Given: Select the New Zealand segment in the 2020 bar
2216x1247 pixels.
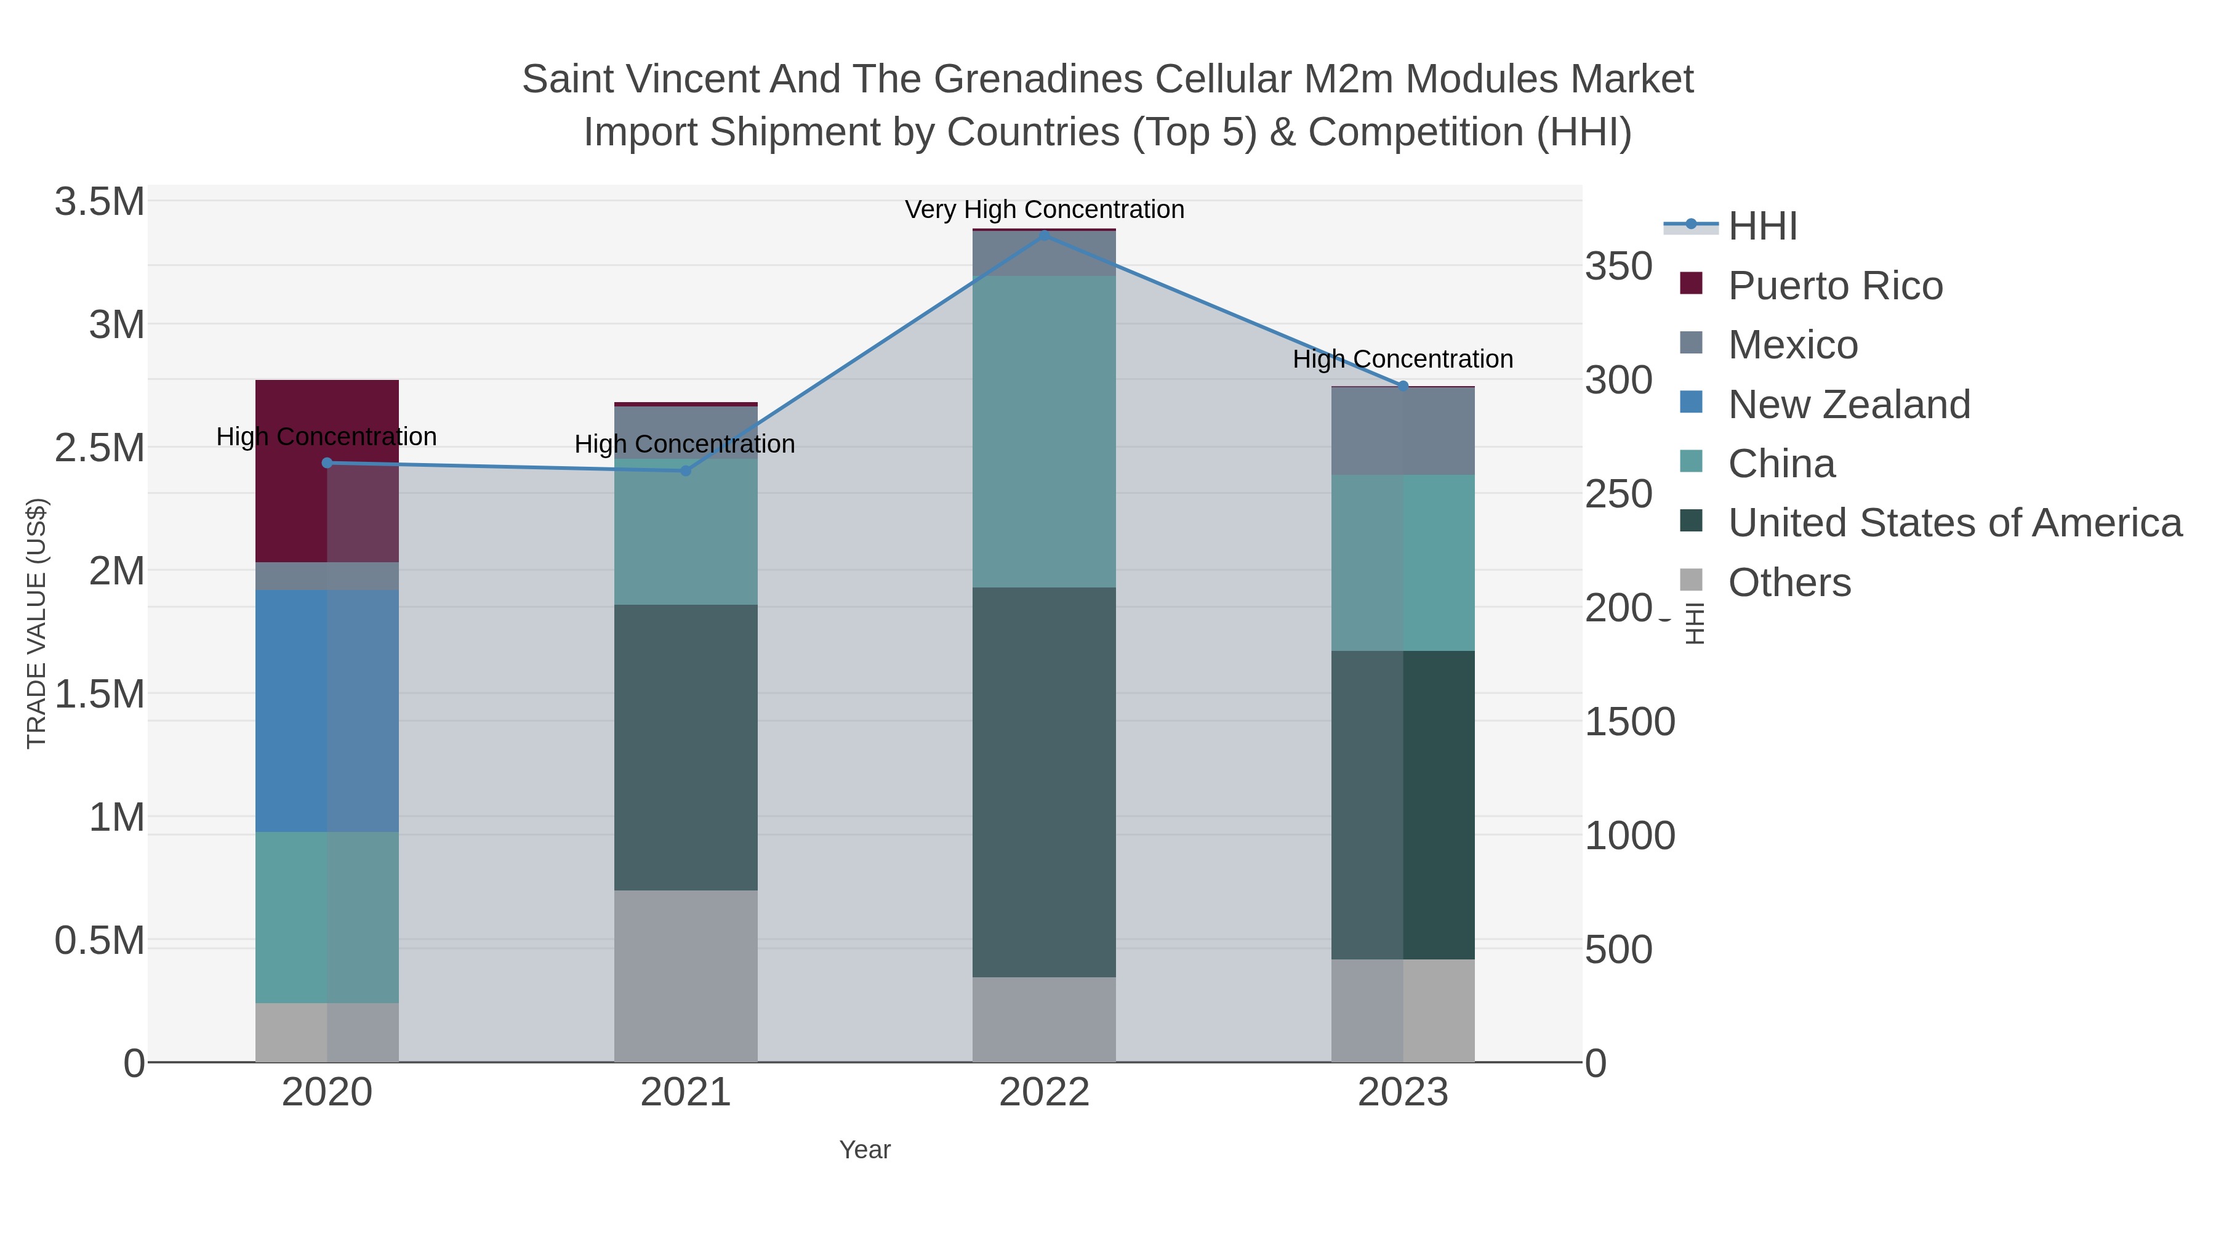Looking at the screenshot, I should tap(327, 710).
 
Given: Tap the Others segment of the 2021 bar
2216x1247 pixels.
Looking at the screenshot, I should tap(686, 975).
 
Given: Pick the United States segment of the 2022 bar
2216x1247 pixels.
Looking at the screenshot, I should tap(1043, 781).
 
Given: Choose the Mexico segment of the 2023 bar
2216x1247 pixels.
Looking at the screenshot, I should tap(1402, 430).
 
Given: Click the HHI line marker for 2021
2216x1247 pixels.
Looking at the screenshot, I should tap(686, 470).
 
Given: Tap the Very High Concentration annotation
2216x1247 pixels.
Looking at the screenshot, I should tap(1043, 210).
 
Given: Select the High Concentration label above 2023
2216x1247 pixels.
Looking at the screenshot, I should tap(1402, 359).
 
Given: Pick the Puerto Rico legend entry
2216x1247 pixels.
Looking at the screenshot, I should tap(1835, 286).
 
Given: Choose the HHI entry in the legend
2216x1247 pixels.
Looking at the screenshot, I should tap(1762, 227).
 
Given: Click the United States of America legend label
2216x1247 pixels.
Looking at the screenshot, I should tap(1954, 523).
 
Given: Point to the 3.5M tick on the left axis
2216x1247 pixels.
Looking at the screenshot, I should tap(99, 202).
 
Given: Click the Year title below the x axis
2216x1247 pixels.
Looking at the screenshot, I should tap(865, 1150).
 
